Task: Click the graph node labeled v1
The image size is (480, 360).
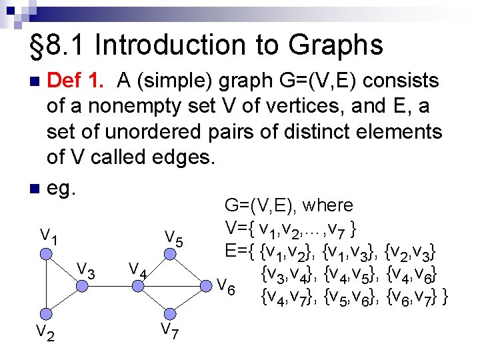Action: [45, 254]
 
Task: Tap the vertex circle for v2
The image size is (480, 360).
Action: [45, 314]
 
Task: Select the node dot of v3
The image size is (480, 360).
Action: [81, 285]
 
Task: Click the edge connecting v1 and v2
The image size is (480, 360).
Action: [45, 284]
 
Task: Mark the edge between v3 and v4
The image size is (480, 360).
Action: [110, 285]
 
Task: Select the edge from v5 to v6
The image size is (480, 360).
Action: [188, 270]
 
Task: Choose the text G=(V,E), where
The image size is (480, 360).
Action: [289, 205]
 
